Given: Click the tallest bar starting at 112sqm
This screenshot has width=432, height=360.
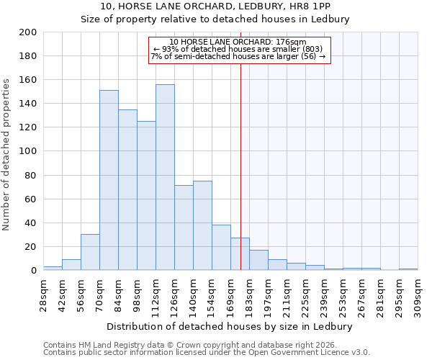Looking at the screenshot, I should point(165,177).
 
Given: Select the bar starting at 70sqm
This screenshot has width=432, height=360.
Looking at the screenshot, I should point(109,180).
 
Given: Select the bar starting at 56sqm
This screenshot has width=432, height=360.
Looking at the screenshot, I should point(90,252).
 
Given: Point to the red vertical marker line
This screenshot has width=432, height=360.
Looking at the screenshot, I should point(240,166).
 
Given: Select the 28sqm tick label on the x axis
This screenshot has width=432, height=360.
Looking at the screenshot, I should point(43,294).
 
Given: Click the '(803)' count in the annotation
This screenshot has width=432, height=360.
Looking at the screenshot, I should point(318,49).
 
